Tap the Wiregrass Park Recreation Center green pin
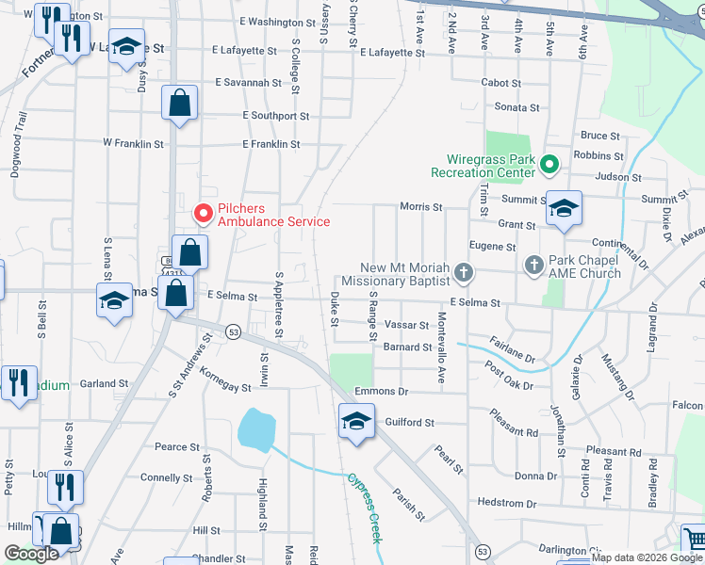point(549,166)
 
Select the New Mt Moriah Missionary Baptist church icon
point(463,273)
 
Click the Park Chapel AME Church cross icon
point(533,266)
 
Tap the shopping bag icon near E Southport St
point(179,103)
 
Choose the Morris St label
point(421,206)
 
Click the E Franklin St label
point(271,144)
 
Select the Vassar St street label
point(408,326)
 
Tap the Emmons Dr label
point(382,391)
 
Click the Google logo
point(32,554)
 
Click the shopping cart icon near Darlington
point(694,540)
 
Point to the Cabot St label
point(501,83)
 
